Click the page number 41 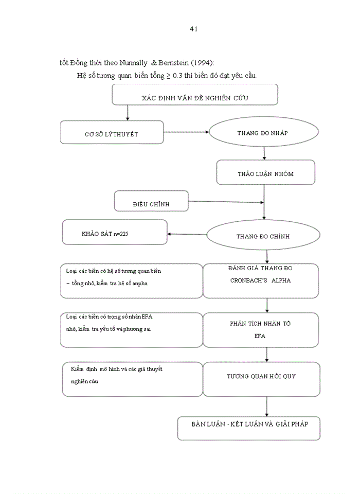point(193,29)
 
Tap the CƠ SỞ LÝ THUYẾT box point(112,133)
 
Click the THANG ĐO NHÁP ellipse point(262,133)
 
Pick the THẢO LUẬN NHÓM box point(265,173)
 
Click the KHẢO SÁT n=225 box point(115,233)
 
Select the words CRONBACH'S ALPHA point(260,281)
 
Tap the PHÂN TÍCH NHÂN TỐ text point(260,324)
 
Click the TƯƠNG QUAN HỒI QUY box point(261,377)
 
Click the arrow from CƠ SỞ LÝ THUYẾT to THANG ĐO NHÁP point(186,132)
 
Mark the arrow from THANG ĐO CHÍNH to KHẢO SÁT point(187,235)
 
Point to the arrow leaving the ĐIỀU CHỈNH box point(226,201)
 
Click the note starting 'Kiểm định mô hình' point(117,375)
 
